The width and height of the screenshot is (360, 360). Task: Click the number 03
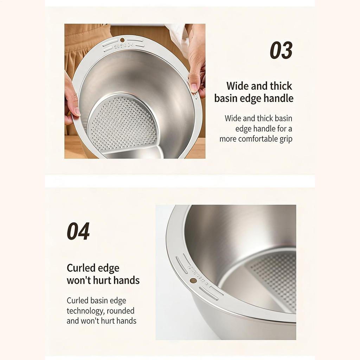pyautogui.click(x=281, y=50)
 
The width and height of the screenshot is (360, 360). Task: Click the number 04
pyautogui.click(x=78, y=231)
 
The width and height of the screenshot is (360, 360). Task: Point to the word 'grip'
pyautogui.click(x=286, y=139)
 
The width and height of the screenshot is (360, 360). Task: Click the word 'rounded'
pyautogui.click(x=121, y=311)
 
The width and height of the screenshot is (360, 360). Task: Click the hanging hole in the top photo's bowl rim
pyautogui.click(x=122, y=40)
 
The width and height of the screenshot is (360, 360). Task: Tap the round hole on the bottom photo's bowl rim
pyautogui.click(x=193, y=280)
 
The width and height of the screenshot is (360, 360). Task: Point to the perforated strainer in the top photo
pyautogui.click(x=121, y=123)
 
